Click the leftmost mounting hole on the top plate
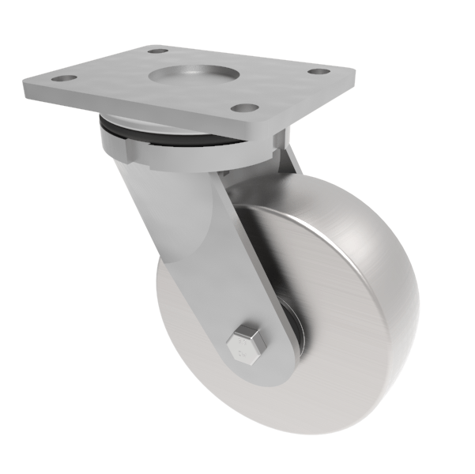click(x=64, y=79)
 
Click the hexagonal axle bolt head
click(x=244, y=344)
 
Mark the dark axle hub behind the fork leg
click(x=299, y=324)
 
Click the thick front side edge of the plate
click(x=142, y=115)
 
